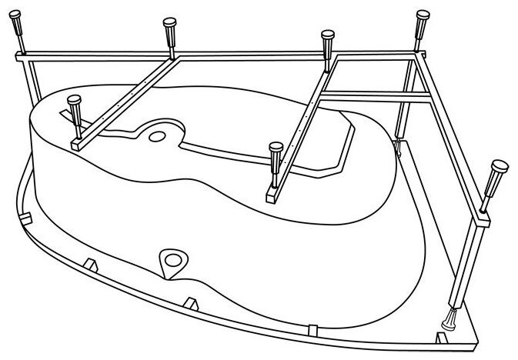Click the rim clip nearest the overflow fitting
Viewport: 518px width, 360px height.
point(189,301)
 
